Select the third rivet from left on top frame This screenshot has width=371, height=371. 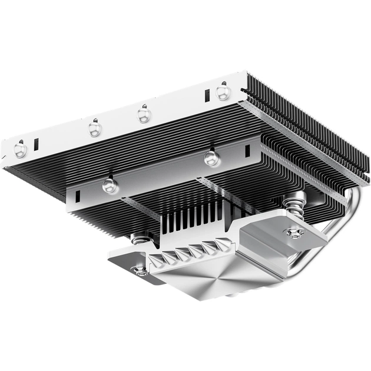(144, 113)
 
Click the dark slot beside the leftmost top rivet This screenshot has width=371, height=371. (36, 143)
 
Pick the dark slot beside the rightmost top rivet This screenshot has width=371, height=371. (207, 95)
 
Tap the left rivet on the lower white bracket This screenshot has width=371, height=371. (110, 185)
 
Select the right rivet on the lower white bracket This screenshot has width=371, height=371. (211, 158)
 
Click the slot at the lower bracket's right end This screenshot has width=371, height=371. (247, 151)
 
